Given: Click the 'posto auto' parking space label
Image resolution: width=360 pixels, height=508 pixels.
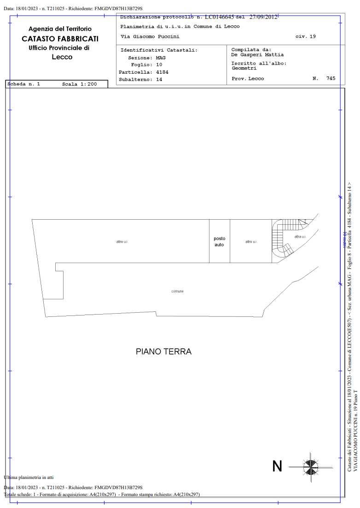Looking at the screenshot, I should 219,241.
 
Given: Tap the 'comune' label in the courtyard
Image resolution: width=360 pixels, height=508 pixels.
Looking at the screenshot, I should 177,291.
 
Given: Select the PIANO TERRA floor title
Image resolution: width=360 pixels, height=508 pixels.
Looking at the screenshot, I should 163,352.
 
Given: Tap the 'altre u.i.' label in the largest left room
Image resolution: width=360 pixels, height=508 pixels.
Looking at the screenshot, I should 122,242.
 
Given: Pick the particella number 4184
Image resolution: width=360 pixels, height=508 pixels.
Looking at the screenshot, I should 163,72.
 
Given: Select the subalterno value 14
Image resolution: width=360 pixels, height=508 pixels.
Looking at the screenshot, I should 159,79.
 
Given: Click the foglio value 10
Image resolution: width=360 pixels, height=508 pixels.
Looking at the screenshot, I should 159,65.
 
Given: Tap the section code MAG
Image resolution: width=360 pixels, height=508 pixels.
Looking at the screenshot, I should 161,58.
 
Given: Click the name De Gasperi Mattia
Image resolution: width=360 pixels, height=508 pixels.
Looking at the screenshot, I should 257,55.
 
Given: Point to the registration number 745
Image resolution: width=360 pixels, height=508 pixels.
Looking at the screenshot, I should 331,79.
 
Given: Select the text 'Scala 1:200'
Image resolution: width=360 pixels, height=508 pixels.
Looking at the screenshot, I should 79,84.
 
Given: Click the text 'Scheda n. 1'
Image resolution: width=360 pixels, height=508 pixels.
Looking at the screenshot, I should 24,84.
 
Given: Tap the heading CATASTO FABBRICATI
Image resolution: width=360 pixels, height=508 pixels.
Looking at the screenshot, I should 60,39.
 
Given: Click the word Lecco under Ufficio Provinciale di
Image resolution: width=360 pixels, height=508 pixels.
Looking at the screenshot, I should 62,57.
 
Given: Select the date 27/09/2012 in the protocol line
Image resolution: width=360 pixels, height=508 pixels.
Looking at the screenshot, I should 263,17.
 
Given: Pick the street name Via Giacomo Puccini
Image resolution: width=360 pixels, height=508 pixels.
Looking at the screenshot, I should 150,36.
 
